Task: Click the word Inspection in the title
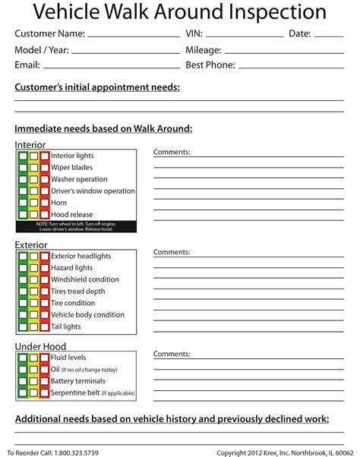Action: [267, 13]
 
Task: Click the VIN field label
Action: [194, 34]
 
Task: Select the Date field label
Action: [299, 34]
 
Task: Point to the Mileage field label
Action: [204, 50]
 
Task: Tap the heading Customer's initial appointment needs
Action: [97, 88]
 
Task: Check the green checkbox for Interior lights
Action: [24, 156]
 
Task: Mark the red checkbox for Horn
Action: [44, 203]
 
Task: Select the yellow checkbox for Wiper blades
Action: [34, 168]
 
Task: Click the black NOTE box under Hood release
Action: [75, 227]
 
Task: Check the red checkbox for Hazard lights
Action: [44, 268]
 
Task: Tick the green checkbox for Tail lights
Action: [24, 327]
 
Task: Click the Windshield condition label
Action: [84, 279]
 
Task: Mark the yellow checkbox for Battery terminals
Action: [34, 381]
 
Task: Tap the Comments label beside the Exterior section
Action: [172, 252]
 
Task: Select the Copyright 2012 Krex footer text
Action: [284, 452]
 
